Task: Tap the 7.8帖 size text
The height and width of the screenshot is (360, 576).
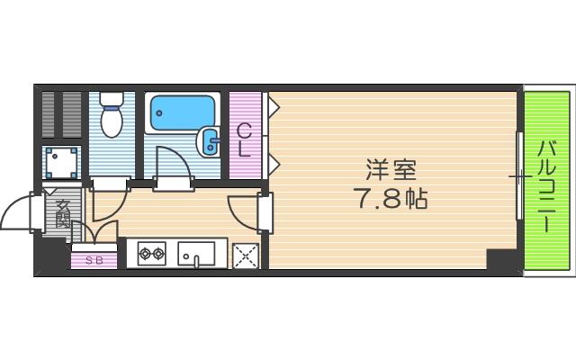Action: [390, 197]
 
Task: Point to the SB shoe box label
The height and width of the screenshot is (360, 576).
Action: [94, 261]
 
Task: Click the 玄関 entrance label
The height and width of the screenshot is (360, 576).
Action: [62, 212]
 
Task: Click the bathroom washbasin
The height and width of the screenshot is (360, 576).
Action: [208, 139]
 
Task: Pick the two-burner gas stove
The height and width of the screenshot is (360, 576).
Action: [150, 255]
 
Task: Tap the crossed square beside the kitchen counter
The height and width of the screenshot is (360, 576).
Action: [246, 256]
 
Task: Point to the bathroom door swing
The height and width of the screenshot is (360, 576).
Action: [171, 167]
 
